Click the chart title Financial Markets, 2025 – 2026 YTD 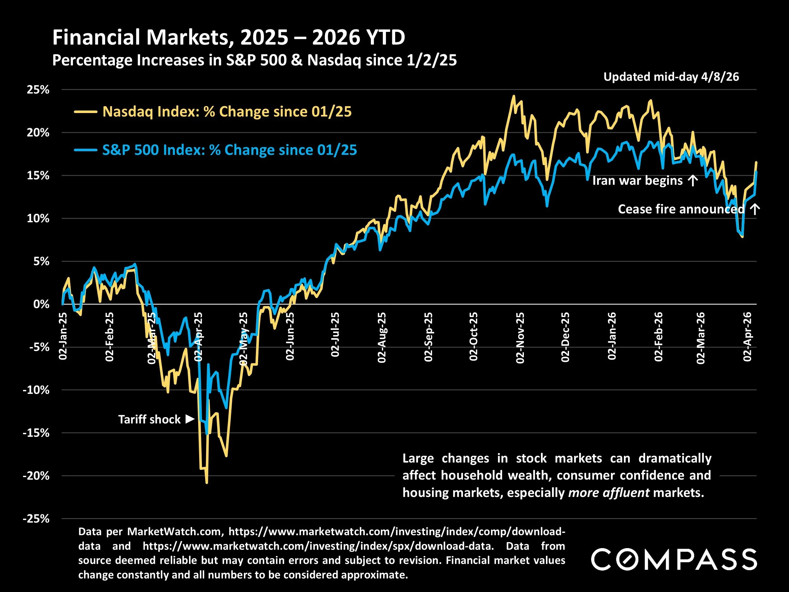click(x=228, y=37)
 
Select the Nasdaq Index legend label click(x=227, y=112)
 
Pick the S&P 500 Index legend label click(x=229, y=150)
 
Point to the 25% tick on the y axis click(x=38, y=90)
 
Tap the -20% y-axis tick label click(x=36, y=476)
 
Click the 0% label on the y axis click(x=41, y=304)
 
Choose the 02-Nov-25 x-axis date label click(x=520, y=338)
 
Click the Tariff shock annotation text click(x=150, y=419)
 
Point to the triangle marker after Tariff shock click(x=190, y=419)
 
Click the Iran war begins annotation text click(x=637, y=181)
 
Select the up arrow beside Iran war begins click(x=692, y=181)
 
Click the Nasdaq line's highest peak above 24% click(x=513, y=96)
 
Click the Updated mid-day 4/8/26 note click(x=671, y=77)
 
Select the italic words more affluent click(x=608, y=493)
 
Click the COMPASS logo click(x=674, y=559)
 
